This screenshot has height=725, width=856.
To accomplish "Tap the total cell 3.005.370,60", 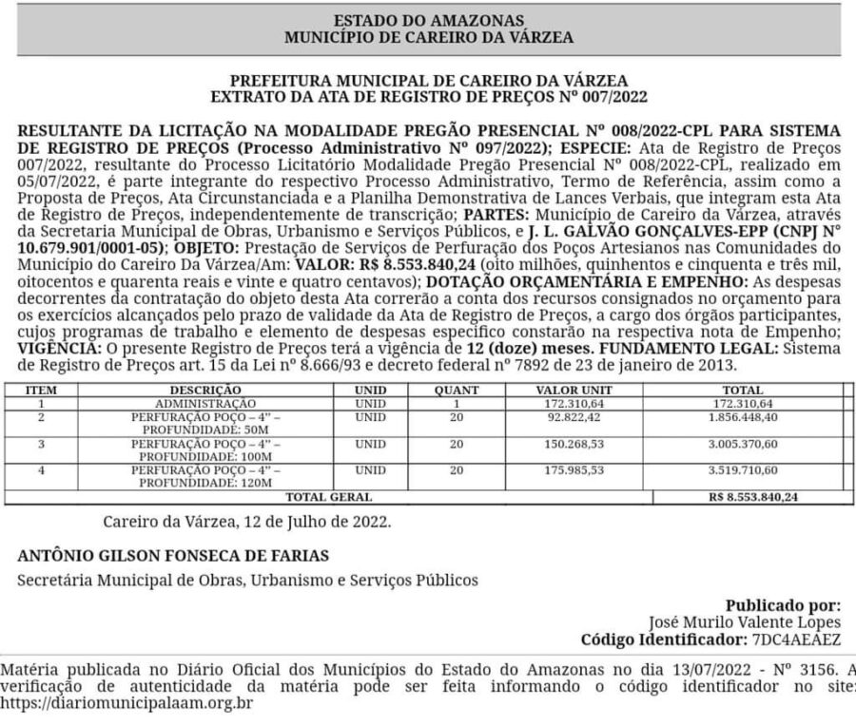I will click(743, 444).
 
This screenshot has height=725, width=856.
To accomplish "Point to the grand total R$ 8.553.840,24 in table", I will click(753, 497).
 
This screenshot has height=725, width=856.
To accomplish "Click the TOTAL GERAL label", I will click(329, 497).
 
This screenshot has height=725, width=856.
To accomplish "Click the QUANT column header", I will click(457, 390).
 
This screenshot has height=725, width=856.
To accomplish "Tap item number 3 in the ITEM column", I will click(41, 444).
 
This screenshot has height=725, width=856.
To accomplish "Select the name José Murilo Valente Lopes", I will click(745, 621).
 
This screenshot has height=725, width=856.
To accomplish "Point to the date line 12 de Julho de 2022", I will click(246, 522).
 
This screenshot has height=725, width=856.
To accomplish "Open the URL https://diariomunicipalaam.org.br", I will click(126, 704).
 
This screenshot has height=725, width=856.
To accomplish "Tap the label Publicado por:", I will click(783, 604).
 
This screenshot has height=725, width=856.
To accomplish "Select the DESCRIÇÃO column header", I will click(205, 390).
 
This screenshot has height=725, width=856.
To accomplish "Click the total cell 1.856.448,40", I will click(743, 416).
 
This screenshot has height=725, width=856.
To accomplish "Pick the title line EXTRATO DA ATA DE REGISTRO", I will click(428, 96).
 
